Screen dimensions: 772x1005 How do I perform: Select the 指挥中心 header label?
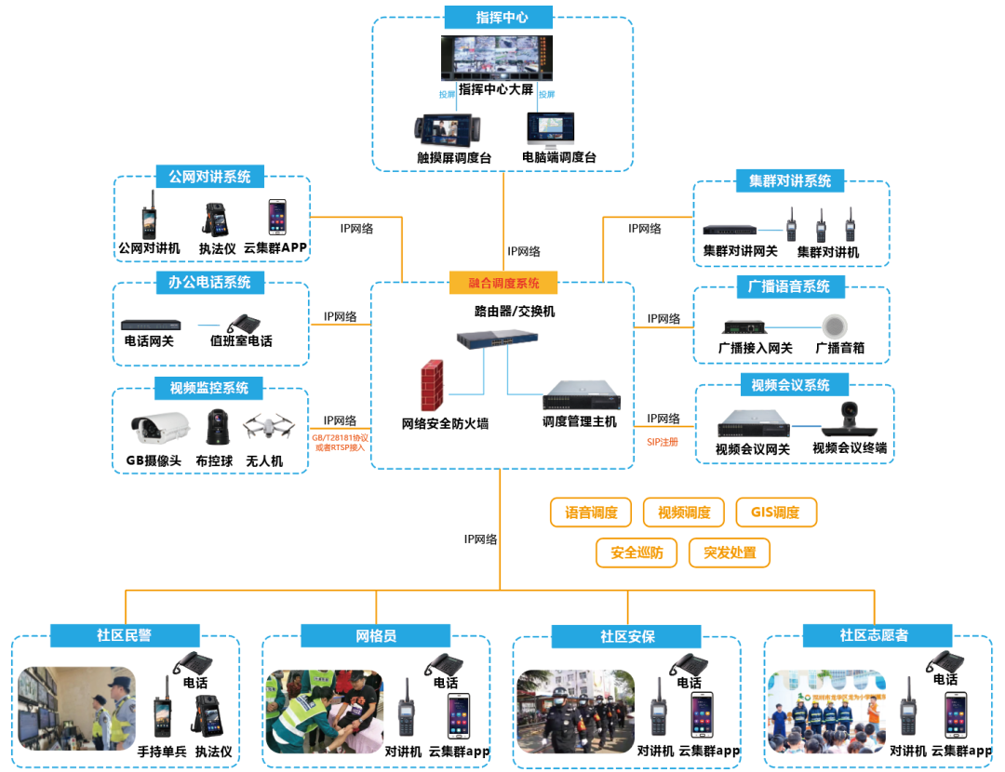click(501, 18)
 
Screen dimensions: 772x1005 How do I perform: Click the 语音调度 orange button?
click(591, 512)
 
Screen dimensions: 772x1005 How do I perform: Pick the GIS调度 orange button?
click(776, 512)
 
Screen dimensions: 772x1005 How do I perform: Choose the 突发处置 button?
click(730, 552)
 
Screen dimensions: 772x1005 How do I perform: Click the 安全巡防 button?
click(636, 552)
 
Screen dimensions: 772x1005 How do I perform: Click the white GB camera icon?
click(158, 428)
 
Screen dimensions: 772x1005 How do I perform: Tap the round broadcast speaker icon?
click(836, 326)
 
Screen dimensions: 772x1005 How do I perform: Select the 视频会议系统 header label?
click(790, 385)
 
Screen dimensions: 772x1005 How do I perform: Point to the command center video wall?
click(496, 58)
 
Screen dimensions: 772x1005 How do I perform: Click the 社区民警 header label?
click(125, 636)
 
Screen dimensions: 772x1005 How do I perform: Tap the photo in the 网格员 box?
click(323, 711)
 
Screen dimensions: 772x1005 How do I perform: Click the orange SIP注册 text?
click(663, 442)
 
